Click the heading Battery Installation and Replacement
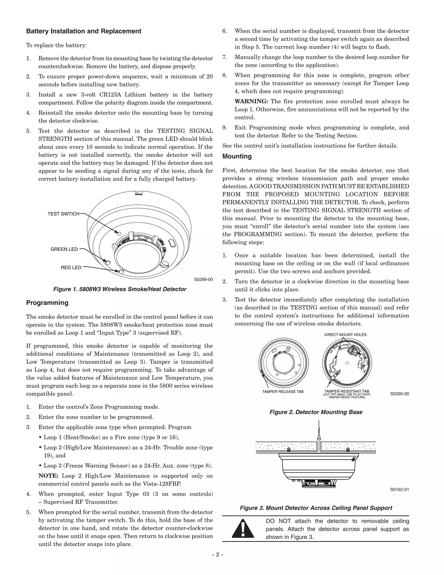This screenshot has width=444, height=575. click(x=84, y=31)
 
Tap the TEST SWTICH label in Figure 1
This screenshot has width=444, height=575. click(x=63, y=214)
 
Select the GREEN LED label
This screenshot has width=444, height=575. click(x=64, y=249)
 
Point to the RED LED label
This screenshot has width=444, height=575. click(x=71, y=268)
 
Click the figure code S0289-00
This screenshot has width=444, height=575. click(x=203, y=279)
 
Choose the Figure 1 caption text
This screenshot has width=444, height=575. click(x=120, y=289)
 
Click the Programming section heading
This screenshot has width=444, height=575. click(x=47, y=303)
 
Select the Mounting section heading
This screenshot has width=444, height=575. click(x=237, y=156)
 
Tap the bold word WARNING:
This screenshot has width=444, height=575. click(x=251, y=101)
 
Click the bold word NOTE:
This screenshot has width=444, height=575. click(x=48, y=476)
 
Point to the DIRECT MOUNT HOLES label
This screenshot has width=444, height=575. click(x=345, y=335)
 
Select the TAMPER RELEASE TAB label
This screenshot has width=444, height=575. click(x=283, y=392)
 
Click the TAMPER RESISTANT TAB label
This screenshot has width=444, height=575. click(x=347, y=391)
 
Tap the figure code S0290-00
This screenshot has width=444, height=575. click(x=400, y=394)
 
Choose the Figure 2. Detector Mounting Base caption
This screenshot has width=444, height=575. click(x=316, y=412)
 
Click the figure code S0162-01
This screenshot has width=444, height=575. click(x=399, y=490)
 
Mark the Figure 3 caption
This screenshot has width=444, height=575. click(x=316, y=508)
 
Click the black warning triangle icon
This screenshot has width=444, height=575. click(x=243, y=528)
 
